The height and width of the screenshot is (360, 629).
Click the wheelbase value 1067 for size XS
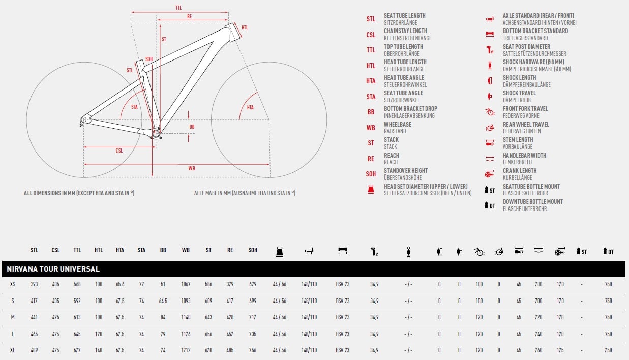click(186, 284)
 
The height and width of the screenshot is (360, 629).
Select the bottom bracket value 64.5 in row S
click(163, 301)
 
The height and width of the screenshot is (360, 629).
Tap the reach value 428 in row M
click(230, 317)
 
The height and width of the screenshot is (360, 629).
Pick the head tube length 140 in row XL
click(99, 350)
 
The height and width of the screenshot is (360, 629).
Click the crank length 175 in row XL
click(560, 350)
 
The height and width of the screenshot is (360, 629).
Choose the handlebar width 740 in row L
click(538, 334)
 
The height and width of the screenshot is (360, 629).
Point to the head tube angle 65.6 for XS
click(120, 284)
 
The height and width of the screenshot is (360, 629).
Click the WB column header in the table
click(186, 250)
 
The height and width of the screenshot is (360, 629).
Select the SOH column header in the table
click(253, 250)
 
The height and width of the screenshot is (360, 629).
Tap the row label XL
click(12, 350)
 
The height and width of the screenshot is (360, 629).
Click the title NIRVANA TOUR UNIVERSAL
click(53, 269)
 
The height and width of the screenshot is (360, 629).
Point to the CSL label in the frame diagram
click(119, 151)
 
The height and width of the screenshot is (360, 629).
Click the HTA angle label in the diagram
click(250, 107)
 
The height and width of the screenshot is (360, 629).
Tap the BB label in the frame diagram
click(192, 127)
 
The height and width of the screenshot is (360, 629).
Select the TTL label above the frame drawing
click(178, 8)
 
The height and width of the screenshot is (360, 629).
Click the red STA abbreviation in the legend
click(371, 97)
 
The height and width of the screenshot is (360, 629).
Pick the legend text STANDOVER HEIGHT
click(406, 171)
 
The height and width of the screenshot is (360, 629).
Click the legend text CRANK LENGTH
click(520, 171)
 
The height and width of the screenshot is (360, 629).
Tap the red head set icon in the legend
click(371, 190)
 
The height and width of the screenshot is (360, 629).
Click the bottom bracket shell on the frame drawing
click(156, 133)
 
